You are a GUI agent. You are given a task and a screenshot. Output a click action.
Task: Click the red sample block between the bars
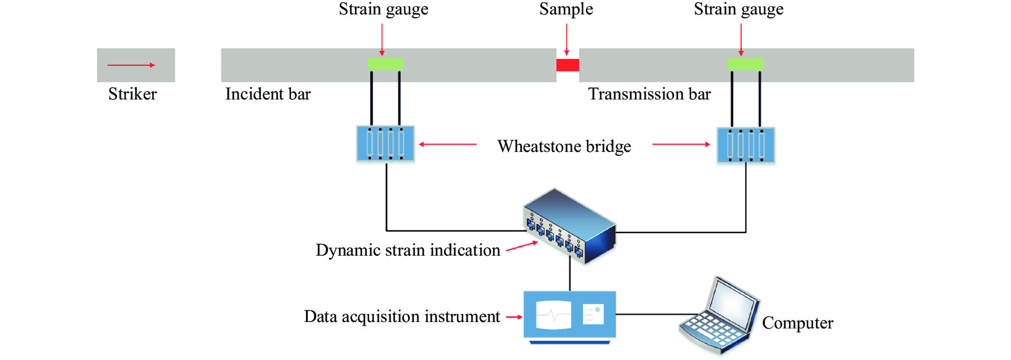coord(568,65)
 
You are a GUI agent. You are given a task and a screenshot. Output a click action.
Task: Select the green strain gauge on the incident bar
coord(385,64)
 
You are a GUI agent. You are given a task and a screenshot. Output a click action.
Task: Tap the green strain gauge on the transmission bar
coord(745,64)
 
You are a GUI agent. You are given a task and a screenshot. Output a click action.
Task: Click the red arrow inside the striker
coord(131,65)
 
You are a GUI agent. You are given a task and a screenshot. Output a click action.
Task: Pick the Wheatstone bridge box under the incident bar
coord(385,143)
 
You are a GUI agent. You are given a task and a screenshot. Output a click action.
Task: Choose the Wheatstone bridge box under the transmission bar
coord(746,145)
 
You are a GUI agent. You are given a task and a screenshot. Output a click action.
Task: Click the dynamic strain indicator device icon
coord(570,226)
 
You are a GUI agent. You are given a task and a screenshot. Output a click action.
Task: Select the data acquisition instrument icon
coord(570,316)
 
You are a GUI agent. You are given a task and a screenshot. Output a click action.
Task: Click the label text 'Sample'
coord(566,9)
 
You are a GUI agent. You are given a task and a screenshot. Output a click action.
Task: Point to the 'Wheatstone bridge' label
coord(564,146)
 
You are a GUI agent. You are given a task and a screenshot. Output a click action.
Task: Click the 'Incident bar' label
coord(268,94)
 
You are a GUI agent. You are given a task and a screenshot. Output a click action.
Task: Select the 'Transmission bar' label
coord(649,94)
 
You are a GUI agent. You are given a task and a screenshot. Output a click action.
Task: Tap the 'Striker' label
coord(132,94)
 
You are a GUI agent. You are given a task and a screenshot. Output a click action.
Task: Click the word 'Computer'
coord(798,323)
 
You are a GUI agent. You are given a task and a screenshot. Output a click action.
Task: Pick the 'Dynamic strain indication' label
coord(408,250)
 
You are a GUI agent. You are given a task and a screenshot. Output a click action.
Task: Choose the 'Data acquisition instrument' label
coord(402,317)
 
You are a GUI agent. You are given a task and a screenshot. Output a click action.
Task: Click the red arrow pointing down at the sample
coord(566,40)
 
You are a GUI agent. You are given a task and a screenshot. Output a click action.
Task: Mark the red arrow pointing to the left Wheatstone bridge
coord(448,144)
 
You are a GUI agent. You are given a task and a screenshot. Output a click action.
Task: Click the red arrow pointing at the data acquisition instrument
coord(514,317)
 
